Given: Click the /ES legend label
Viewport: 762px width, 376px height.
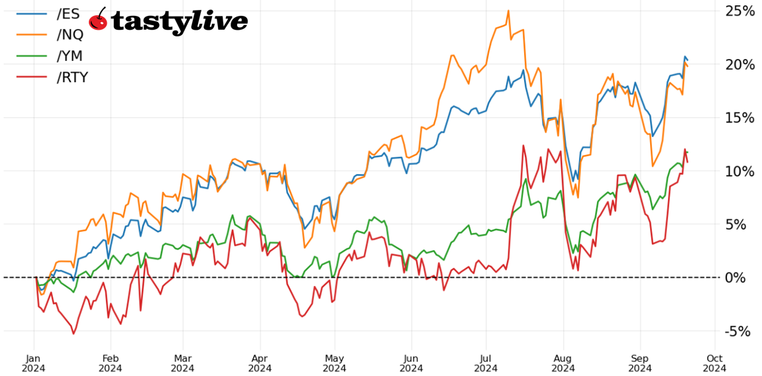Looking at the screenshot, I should [69, 13].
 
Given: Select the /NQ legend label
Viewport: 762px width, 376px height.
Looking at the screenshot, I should [70, 34].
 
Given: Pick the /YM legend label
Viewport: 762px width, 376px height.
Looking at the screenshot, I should [70, 56].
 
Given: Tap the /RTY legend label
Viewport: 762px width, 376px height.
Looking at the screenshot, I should [73, 77].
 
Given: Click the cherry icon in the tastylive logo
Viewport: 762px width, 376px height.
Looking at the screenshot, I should [98, 20].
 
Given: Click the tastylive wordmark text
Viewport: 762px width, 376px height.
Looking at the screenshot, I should [180, 22].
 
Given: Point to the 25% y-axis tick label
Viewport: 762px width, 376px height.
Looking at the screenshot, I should [739, 11].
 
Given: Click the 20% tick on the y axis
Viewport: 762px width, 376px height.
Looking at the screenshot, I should [739, 65].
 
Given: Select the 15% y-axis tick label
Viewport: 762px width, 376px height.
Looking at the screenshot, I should [739, 118].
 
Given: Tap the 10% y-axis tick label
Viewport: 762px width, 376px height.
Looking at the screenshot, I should [739, 171].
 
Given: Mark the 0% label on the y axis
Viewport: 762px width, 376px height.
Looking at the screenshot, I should [743, 277].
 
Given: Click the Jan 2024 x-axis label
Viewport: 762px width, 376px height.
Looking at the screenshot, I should [34, 362].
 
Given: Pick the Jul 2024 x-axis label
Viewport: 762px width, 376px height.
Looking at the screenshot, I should [486, 362].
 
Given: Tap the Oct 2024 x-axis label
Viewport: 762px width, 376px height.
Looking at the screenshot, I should [714, 362].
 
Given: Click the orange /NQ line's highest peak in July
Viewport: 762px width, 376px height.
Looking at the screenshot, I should [508, 11].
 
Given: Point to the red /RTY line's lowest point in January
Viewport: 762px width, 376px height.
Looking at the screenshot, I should [73, 334].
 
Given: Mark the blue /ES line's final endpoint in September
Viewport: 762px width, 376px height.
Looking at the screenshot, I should [687, 60].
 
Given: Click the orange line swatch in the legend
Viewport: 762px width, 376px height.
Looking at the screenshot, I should [32, 34].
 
